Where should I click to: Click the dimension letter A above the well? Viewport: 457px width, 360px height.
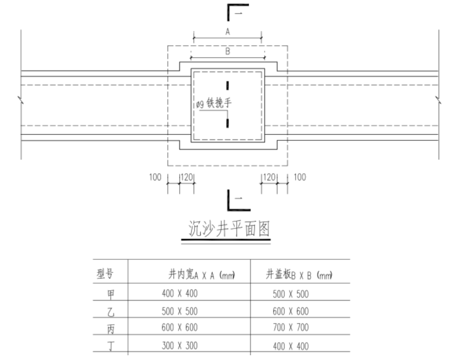[227, 32]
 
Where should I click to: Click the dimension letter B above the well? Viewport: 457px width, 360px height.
[227, 52]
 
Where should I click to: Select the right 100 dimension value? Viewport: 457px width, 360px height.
[299, 177]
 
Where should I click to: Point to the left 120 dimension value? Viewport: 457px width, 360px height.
[187, 177]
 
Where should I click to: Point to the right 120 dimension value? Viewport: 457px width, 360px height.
[268, 177]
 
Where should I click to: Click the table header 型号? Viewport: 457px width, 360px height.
[105, 275]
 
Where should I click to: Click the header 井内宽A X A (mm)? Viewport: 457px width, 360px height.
[201, 275]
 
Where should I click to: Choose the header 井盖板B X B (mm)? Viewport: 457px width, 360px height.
[299, 275]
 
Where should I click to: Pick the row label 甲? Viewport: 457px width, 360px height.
[110, 294]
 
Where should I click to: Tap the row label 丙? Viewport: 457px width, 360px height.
[110, 329]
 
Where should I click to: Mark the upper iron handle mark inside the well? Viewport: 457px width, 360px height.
[227, 84]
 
